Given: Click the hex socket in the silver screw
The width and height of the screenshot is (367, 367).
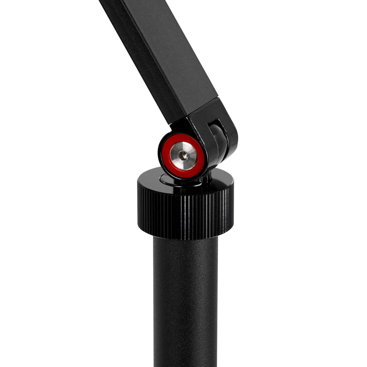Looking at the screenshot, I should (x=183, y=156).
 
